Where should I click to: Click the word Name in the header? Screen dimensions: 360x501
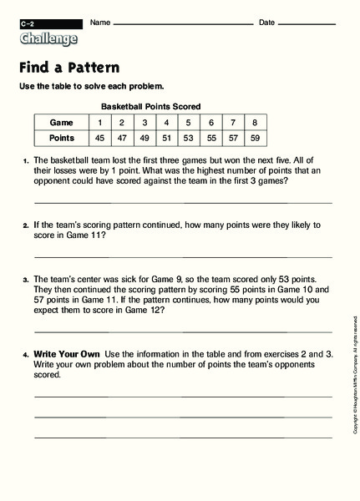click(x=99, y=22)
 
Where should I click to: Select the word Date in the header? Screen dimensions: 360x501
click(x=266, y=22)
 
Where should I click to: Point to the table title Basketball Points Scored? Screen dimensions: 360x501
click(x=150, y=107)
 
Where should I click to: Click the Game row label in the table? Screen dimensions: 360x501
click(x=61, y=122)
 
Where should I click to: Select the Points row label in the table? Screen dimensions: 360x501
click(x=61, y=138)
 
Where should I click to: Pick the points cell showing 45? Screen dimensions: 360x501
click(x=100, y=138)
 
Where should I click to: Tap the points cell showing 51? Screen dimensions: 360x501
click(x=166, y=138)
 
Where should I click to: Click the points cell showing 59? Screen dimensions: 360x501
click(x=254, y=138)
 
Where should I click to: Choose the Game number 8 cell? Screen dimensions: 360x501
click(x=254, y=122)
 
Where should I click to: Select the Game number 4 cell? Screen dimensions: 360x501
click(x=166, y=122)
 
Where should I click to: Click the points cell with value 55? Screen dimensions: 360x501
click(x=210, y=138)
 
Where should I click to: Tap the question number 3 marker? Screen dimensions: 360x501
click(x=26, y=281)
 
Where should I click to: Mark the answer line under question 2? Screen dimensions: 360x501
click(x=182, y=256)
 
